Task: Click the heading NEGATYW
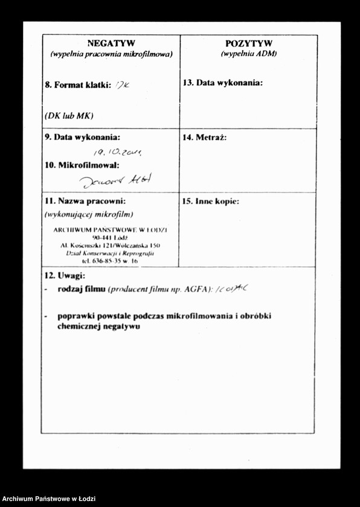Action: [111, 43]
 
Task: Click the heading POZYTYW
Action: [248, 43]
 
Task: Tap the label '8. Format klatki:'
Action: [77, 85]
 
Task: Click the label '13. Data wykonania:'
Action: [222, 83]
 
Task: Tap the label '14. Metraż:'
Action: [204, 138]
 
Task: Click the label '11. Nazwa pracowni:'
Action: [85, 201]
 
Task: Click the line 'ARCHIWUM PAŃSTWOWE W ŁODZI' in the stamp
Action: [111, 230]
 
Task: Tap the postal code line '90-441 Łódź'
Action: [111, 238]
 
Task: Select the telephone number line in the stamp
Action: [111, 261]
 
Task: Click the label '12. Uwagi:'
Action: [65, 276]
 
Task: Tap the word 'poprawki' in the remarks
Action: [75, 316]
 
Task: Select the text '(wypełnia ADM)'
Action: [248, 54]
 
